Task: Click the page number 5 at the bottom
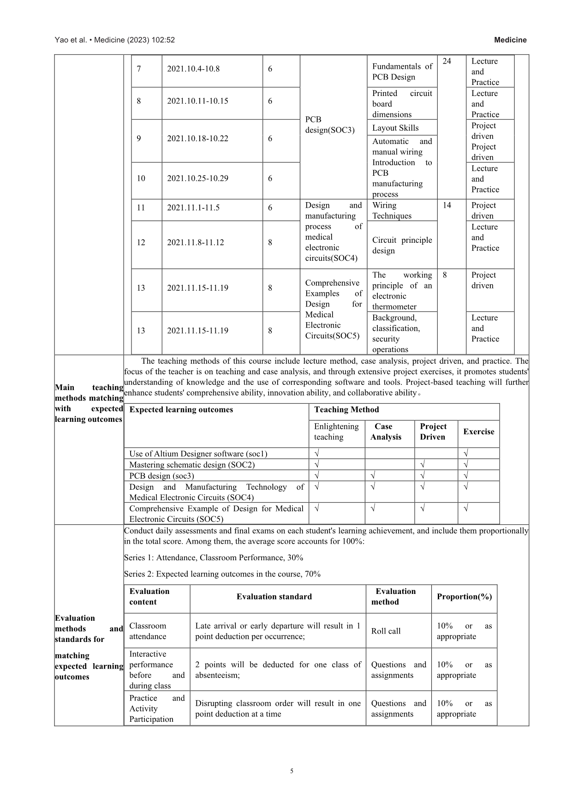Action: pos(292,771)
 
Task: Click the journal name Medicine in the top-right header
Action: pos(510,40)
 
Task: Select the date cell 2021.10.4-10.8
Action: pos(193,69)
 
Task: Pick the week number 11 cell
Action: pos(141,208)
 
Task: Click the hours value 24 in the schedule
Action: pos(447,61)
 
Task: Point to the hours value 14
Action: pos(447,205)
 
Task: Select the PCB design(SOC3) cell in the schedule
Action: pos(330,125)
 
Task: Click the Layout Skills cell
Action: pos(395,128)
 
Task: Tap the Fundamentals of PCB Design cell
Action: pos(402,72)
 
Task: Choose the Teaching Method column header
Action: pos(346,410)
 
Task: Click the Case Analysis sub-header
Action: pos(386,432)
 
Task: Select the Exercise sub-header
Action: pos(478,432)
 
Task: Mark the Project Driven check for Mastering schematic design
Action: pos(423,465)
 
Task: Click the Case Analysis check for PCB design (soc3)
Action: pos(373,476)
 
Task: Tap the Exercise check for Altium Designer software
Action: pos(466,454)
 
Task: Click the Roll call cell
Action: pos(386,631)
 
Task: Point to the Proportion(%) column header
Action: pos(464,597)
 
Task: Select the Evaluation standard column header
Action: pos(274,597)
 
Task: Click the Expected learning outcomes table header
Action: pos(181,410)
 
